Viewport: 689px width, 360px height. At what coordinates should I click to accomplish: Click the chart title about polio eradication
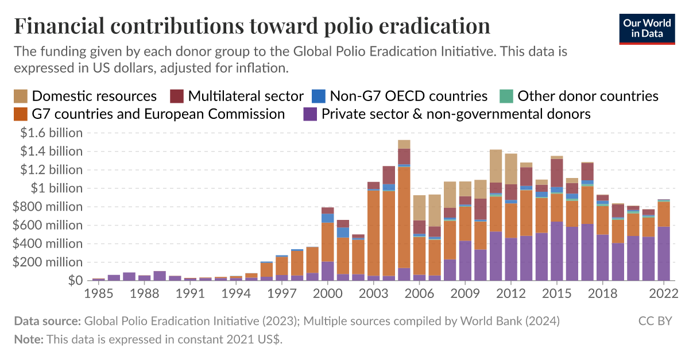coord(252,26)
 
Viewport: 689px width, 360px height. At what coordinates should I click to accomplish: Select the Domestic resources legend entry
coord(86,96)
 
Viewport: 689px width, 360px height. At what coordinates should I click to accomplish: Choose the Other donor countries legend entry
coord(580,96)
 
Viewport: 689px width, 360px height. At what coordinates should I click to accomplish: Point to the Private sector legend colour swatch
coord(310,114)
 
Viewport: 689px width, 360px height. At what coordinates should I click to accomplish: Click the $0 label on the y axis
coord(76,280)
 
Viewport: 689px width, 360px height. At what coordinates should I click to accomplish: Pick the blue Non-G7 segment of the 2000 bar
coord(328,218)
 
